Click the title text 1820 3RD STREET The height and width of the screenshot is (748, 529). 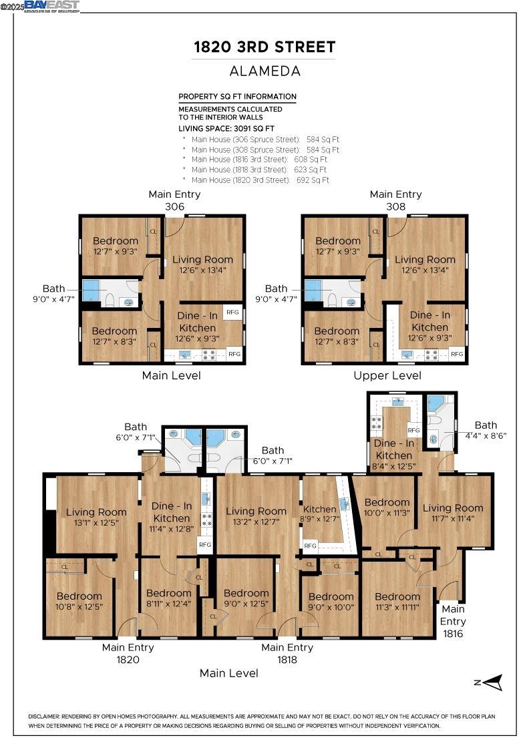264,47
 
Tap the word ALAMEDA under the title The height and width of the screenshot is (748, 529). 264,71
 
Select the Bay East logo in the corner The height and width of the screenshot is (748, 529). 51,6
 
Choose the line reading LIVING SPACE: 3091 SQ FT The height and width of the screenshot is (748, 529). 226,128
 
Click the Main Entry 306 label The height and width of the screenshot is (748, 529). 174,200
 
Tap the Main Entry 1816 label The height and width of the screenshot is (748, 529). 453,621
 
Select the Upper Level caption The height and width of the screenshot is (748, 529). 387,375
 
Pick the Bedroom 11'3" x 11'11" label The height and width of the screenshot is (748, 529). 397,602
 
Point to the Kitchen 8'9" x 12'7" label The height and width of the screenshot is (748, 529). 319,514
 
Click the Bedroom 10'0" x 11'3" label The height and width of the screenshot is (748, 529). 387,508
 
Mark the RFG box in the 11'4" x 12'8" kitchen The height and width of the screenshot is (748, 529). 205,545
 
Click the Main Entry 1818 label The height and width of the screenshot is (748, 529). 287,653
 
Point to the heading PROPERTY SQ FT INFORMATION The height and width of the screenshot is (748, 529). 237,96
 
